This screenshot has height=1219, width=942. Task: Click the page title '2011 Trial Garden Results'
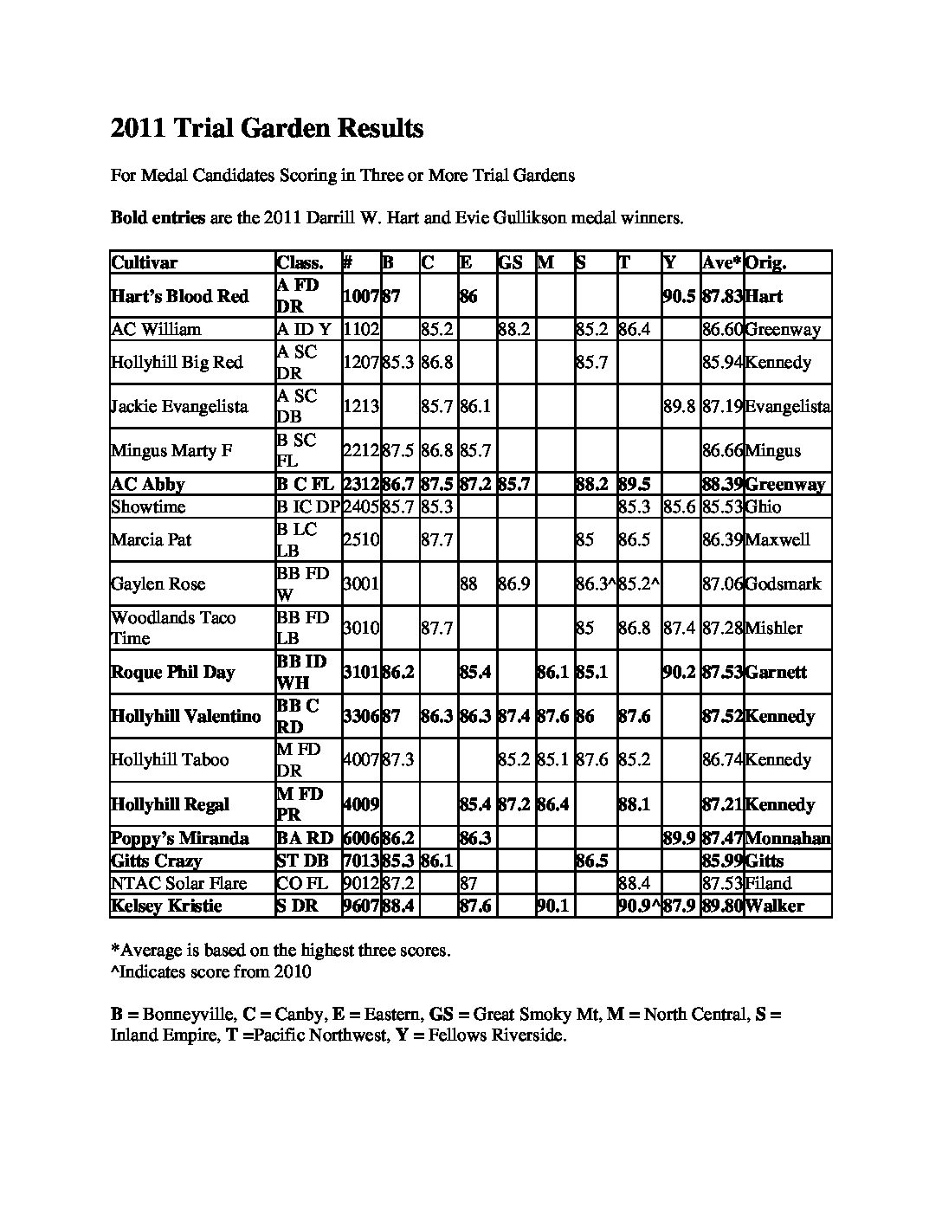click(267, 129)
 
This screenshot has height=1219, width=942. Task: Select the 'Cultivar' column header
click(145, 263)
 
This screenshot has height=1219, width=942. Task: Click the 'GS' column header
click(510, 263)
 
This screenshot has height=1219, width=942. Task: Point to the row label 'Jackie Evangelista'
click(179, 407)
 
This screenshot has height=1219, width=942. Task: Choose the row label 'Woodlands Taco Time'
click(173, 629)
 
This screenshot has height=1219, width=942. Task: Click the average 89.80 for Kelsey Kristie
click(722, 906)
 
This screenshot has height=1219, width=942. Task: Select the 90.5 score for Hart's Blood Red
click(680, 297)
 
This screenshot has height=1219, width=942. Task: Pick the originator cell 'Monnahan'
click(787, 839)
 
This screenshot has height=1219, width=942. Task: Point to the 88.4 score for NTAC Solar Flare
click(634, 884)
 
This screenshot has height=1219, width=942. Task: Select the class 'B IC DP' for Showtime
click(308, 507)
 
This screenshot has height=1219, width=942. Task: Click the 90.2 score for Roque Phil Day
click(680, 673)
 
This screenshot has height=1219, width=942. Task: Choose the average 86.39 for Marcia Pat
click(722, 540)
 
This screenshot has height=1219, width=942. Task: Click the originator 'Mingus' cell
click(773, 451)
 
